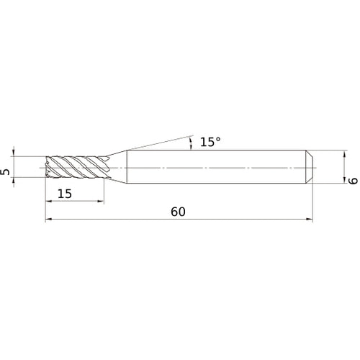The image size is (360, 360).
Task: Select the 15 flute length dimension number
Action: [x=65, y=194]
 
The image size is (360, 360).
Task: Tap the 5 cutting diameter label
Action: [x=6, y=172]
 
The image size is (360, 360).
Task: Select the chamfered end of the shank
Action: [x=310, y=166]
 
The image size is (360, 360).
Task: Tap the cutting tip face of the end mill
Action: [x=47, y=166]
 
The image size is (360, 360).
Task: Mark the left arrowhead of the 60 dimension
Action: [x=48, y=220]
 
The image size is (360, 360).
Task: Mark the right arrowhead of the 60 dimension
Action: [x=310, y=220]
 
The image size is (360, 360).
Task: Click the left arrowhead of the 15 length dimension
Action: [x=48, y=202]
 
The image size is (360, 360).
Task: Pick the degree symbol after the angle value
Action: [x=218, y=139]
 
